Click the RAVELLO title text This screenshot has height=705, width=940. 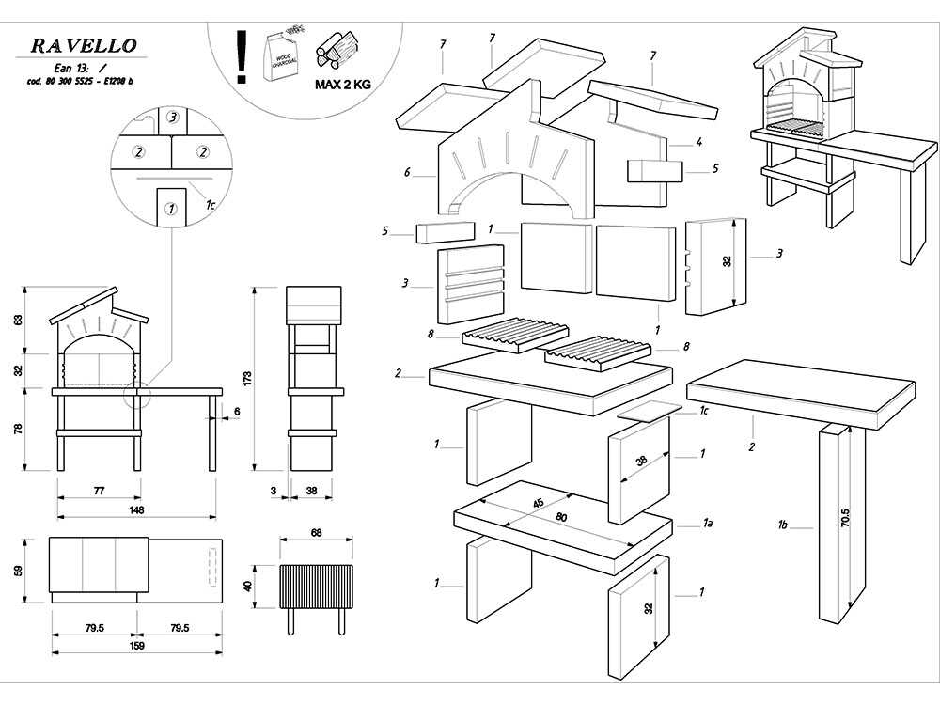[84, 45]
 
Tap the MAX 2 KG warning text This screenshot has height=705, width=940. [342, 84]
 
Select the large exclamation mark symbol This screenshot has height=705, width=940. [243, 56]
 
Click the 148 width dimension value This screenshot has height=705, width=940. [137, 510]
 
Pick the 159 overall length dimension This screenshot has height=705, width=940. [136, 646]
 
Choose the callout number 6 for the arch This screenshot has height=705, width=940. [408, 173]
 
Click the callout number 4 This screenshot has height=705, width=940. [699, 143]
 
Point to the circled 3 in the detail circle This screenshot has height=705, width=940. [172, 118]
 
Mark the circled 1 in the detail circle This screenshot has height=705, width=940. [170, 209]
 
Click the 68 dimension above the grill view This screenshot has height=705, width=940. [315, 533]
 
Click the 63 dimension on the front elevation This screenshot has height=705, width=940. [17, 320]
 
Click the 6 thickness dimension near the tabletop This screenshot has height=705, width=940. [236, 412]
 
